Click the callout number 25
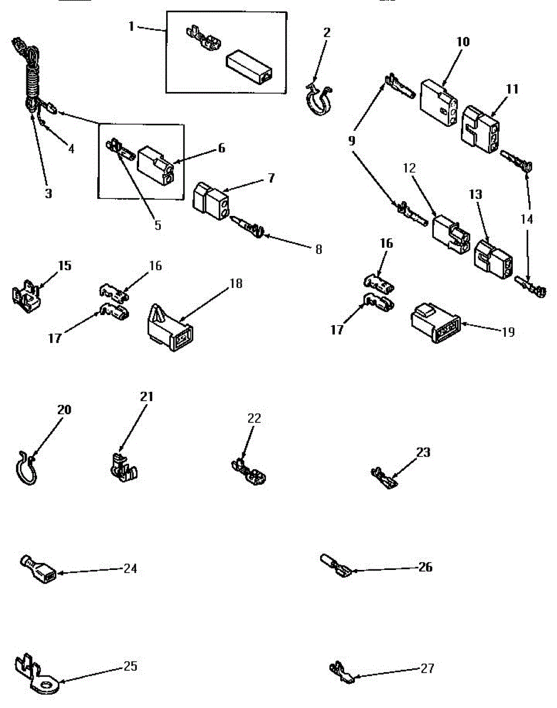point(130,666)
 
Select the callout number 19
point(508,332)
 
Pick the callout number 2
point(327,32)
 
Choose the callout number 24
point(130,569)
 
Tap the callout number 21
point(146,396)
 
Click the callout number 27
point(427,668)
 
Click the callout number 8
point(318,249)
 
